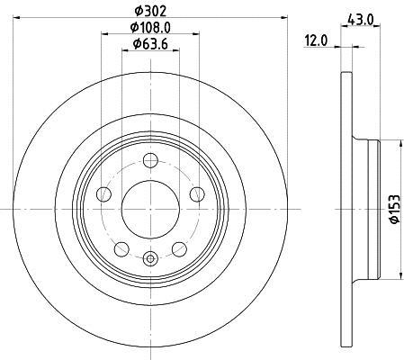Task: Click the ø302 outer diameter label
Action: tap(150, 11)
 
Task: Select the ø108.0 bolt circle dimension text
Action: tap(150, 28)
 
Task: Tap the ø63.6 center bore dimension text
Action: tap(150, 44)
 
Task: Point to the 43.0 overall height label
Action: tap(360, 20)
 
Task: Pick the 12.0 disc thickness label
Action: tap(317, 40)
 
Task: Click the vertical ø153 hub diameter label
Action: tap(394, 209)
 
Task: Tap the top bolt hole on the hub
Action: tap(150, 160)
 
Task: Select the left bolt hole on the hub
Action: tap(103, 194)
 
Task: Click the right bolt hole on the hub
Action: tap(197, 194)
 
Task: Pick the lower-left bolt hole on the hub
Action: tap(121, 249)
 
